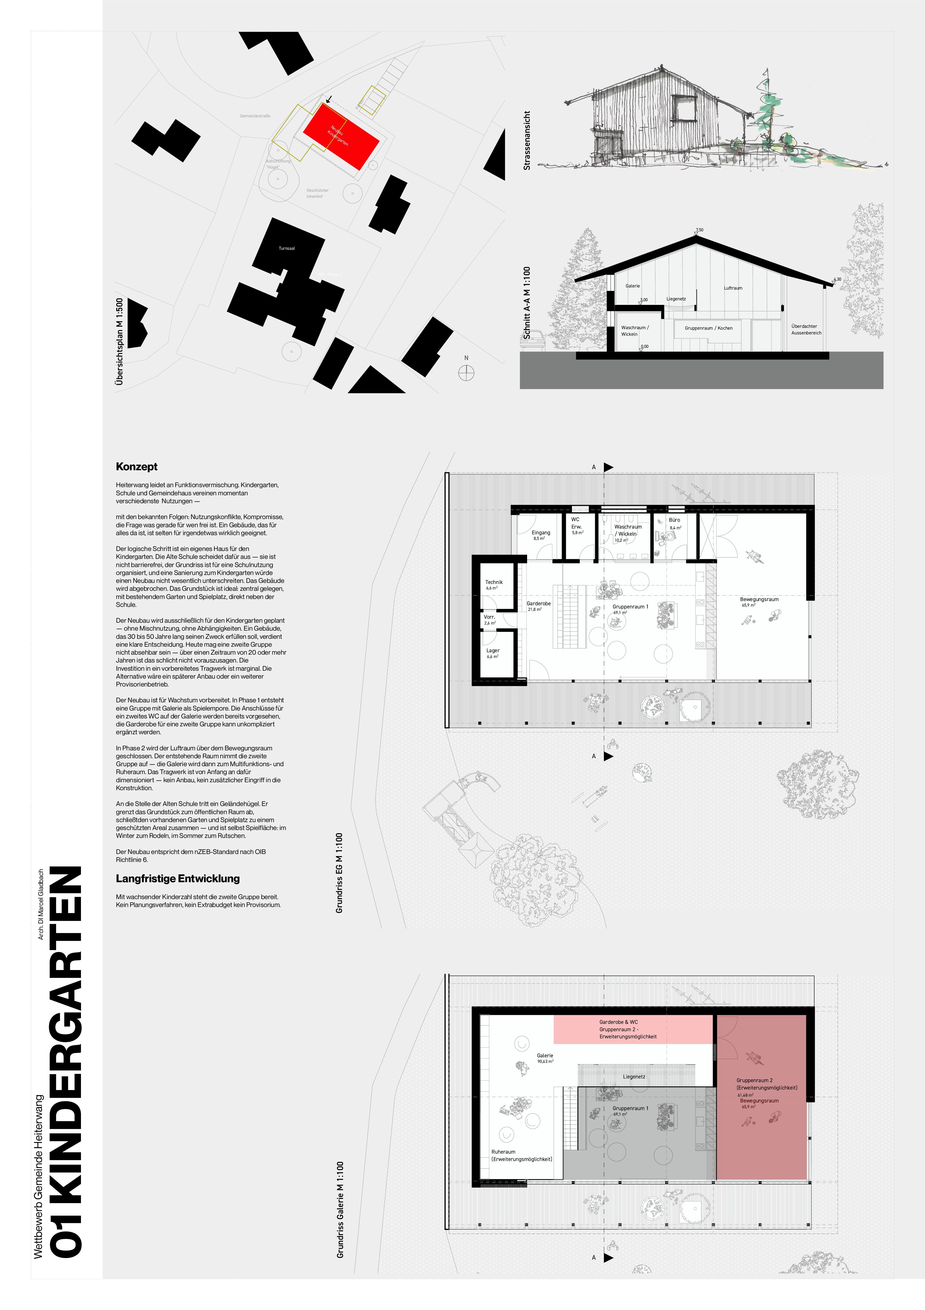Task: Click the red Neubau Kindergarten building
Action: [x=340, y=136]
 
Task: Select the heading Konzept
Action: [x=136, y=467]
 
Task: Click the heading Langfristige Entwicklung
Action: [x=177, y=879]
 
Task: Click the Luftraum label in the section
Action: [x=733, y=288]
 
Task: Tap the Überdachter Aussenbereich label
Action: [x=806, y=329]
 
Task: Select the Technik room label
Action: [x=494, y=582]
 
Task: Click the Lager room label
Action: [x=493, y=650]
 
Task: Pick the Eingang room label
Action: [x=541, y=532]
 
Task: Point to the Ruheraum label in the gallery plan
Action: [x=504, y=1152]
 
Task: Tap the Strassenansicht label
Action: [x=527, y=140]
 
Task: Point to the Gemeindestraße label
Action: [x=255, y=116]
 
